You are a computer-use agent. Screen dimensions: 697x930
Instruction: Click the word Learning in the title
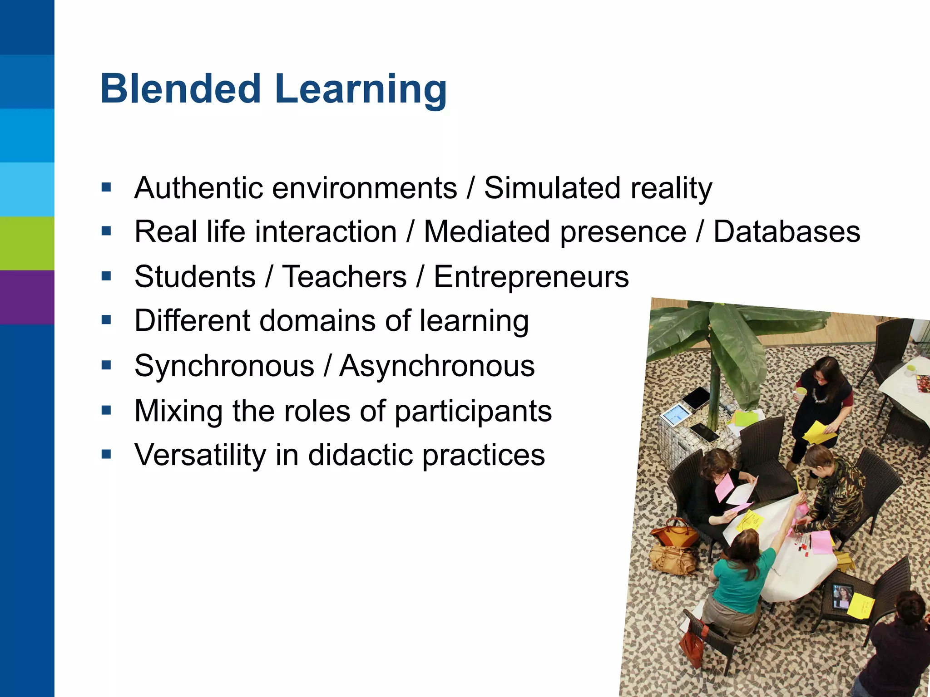(361, 90)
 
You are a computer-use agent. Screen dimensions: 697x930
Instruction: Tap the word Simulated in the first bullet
(552, 188)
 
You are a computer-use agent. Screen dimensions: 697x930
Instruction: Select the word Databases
(787, 232)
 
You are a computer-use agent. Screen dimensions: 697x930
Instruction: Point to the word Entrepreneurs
(531, 277)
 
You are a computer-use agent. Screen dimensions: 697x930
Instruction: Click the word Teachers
(344, 277)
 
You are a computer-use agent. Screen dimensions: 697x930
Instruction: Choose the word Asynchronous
(437, 366)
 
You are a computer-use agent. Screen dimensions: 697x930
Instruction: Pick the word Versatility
(200, 455)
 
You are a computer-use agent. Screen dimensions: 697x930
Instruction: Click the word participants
(473, 412)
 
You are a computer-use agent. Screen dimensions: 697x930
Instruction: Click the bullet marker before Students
(107, 276)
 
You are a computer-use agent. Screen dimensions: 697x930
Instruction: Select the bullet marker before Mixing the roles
(107, 411)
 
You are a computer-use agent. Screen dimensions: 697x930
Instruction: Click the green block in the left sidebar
(27, 243)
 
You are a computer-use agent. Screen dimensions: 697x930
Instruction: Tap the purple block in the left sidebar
(27, 297)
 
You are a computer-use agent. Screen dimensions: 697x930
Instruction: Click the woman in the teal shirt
(740, 576)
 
